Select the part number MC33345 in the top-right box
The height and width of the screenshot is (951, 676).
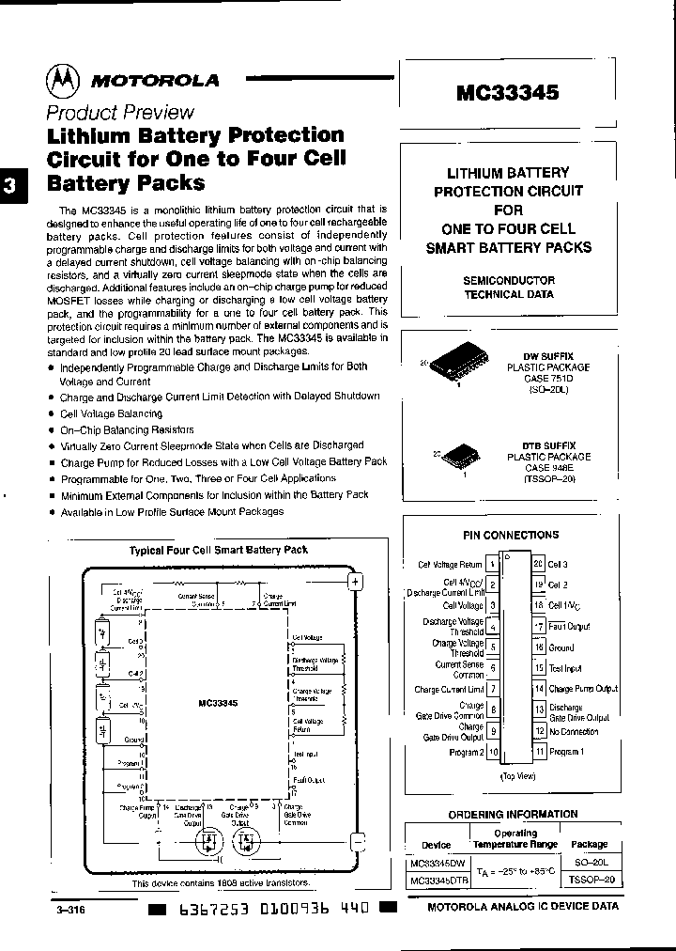pyautogui.click(x=507, y=92)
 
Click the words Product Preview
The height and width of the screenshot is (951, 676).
pyautogui.click(x=120, y=113)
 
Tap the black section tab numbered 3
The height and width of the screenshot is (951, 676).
pyautogui.click(x=9, y=185)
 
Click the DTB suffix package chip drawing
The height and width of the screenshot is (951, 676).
pyautogui.click(x=460, y=459)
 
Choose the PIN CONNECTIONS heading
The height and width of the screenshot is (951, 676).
pyautogui.click(x=511, y=535)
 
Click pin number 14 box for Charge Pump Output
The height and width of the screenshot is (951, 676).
pyautogui.click(x=539, y=689)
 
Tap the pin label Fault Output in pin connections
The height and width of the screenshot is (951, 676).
pyautogui.click(x=570, y=626)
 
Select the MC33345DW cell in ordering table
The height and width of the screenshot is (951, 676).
pyautogui.click(x=438, y=862)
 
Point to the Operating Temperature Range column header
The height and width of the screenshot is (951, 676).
pyautogui.click(x=515, y=838)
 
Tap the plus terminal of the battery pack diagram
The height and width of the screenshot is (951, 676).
pyautogui.click(x=356, y=582)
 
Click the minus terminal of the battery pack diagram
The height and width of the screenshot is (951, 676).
pyautogui.click(x=356, y=841)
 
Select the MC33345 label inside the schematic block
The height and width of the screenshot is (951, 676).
pyautogui.click(x=218, y=702)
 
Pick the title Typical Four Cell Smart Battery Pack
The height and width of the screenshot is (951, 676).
pyautogui.click(x=218, y=550)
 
